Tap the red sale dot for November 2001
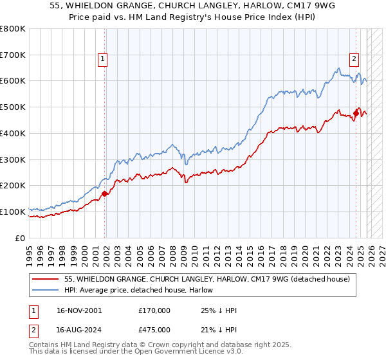105,193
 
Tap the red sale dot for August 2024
356,113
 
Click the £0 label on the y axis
20,238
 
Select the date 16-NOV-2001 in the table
78,310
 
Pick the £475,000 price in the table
154,330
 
